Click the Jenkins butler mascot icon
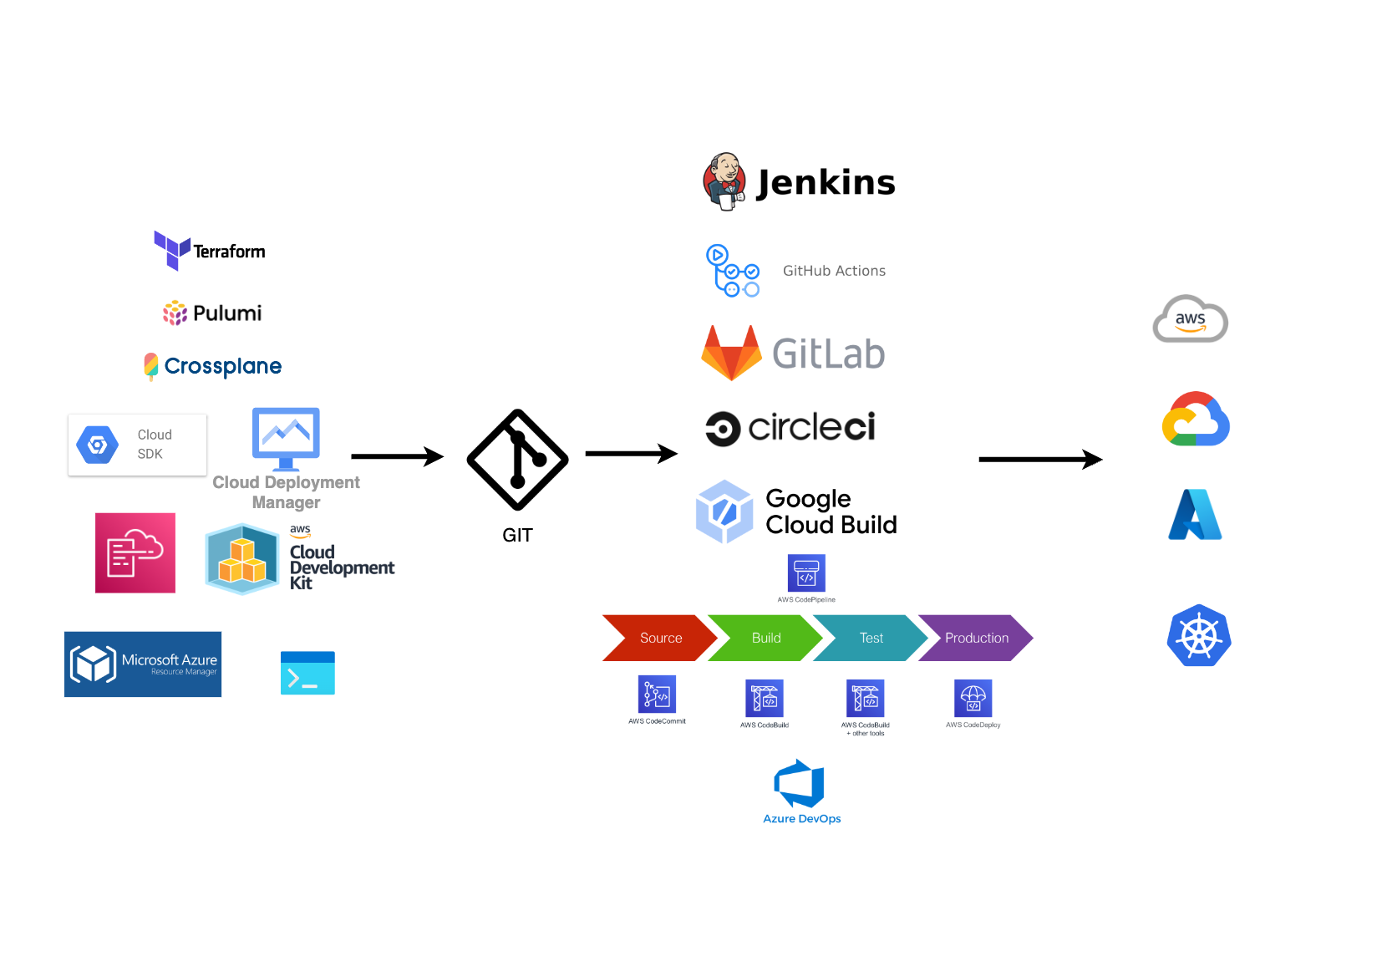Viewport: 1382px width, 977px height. pos(724,181)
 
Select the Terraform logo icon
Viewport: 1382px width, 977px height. pos(172,250)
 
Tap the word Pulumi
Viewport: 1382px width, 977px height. pos(227,313)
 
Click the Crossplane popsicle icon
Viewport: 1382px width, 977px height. pos(151,366)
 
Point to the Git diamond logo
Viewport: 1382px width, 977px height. pos(517,460)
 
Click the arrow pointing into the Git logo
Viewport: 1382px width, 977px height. pos(397,456)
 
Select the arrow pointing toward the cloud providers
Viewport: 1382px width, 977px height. pos(1040,459)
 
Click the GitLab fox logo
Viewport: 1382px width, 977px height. pos(731,354)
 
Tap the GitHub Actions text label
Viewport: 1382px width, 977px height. pos(834,271)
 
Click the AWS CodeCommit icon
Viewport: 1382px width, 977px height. pos(657,695)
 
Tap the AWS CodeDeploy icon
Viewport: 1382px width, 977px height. pos(973,698)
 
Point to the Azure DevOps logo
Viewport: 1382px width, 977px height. pos(800,784)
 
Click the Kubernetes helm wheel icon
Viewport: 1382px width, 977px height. pos(1199,635)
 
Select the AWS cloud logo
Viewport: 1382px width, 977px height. pos(1190,319)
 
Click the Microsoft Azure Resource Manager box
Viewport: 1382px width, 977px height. pos(143,664)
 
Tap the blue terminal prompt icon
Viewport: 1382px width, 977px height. pos(307,673)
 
